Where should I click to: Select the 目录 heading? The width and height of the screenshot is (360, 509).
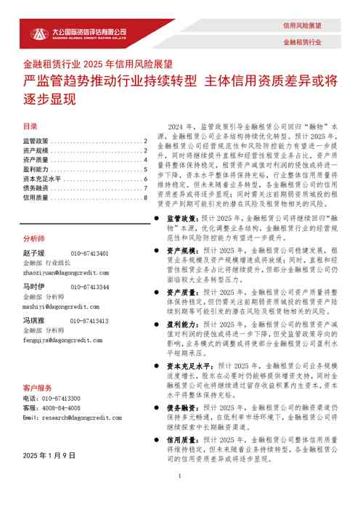[30, 126]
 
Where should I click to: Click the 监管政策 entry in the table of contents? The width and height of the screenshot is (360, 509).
[36, 141]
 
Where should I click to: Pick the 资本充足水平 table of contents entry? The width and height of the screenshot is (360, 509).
[42, 179]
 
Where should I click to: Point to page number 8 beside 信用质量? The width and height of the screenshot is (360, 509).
[146, 198]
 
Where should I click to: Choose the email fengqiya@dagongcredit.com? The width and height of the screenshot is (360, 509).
[65, 339]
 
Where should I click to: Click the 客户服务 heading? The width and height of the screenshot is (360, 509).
[37, 388]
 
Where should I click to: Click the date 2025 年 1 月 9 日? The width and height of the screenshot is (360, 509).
[49, 455]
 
